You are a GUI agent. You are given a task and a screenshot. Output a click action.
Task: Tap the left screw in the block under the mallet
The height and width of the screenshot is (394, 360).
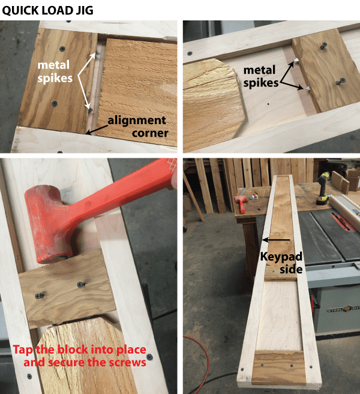[x=40, y=295]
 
